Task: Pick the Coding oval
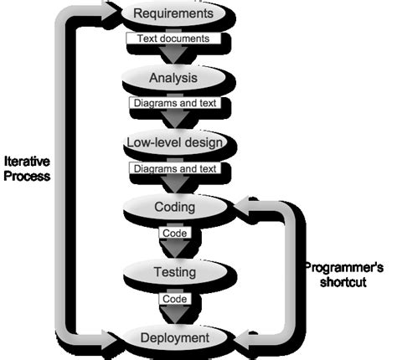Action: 174,207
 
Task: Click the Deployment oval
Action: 174,337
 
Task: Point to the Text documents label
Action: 173,39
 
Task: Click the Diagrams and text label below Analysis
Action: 173,103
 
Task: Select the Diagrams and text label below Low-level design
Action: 173,168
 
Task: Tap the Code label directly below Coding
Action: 174,233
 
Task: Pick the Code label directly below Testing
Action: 174,297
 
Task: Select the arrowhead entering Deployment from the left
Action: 111,337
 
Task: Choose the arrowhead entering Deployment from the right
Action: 243,338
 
